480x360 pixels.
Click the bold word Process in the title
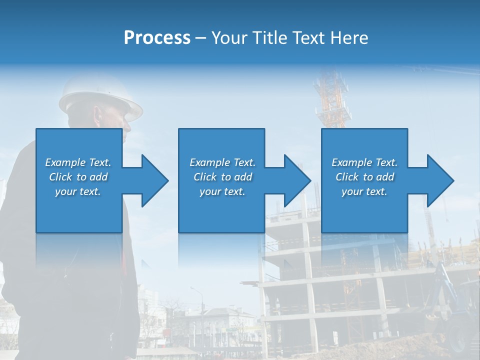tap(157, 38)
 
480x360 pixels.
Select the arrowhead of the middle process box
tap(296, 180)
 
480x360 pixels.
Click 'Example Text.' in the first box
tap(78, 162)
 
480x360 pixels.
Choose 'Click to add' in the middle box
tap(222, 177)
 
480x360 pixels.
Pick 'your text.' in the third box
tap(364, 191)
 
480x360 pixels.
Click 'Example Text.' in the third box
tap(364, 162)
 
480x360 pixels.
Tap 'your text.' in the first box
tap(78, 191)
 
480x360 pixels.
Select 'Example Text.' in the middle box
tap(222, 162)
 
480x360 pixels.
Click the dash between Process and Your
tap(201, 38)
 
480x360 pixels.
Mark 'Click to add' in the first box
tap(78, 177)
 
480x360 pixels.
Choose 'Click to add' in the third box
tap(364, 177)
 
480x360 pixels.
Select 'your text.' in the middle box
tap(222, 191)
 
